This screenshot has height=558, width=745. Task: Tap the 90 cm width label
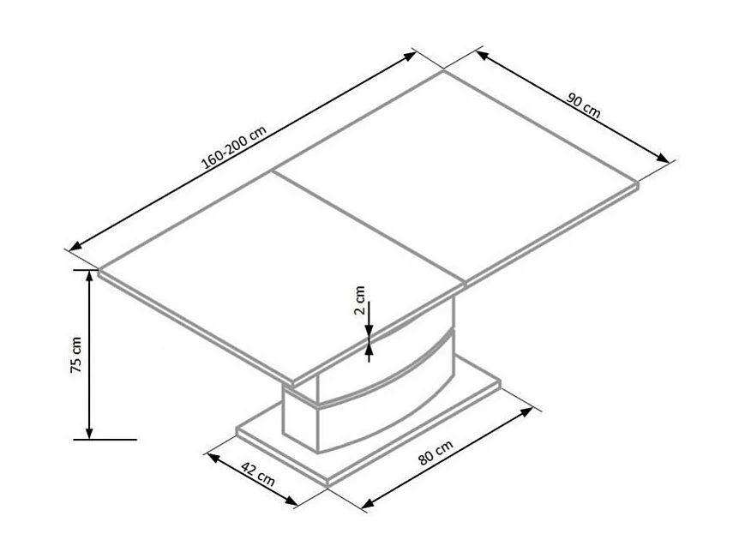583,105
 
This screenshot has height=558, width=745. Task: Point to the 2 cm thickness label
360,301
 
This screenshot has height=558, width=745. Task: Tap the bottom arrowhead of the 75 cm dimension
88,432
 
